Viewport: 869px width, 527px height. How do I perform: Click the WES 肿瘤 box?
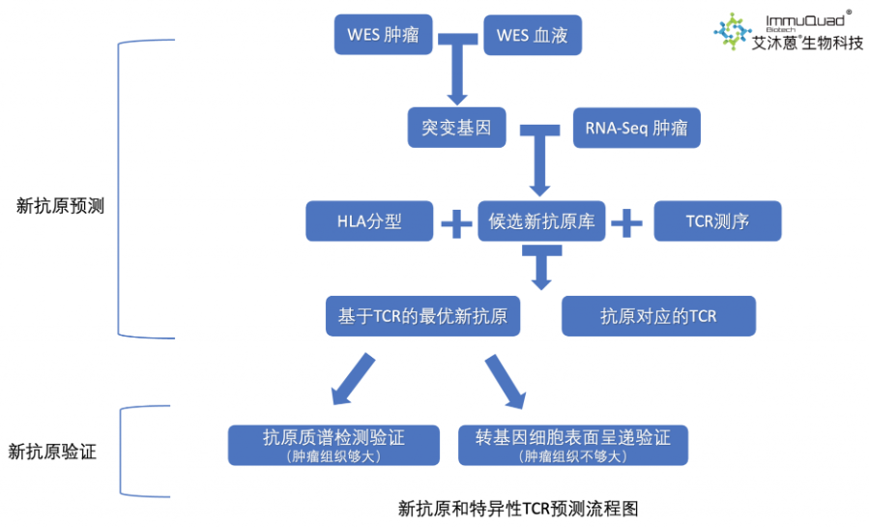click(x=383, y=36)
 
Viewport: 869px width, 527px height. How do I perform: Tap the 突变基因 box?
click(x=456, y=128)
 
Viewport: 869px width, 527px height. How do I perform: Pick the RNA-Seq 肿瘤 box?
click(x=636, y=128)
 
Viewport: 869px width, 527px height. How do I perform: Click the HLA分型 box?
click(x=369, y=221)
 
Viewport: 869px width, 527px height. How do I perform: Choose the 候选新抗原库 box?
click(x=541, y=221)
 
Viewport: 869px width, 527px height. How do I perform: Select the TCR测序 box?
click(x=717, y=221)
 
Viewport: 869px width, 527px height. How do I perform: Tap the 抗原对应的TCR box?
click(x=658, y=315)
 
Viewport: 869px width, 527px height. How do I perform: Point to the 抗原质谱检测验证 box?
click(x=333, y=444)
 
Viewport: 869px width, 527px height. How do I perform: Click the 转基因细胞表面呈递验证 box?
click(x=573, y=444)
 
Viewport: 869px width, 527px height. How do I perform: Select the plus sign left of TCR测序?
click(x=626, y=222)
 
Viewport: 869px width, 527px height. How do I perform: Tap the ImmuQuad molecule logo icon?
click(x=733, y=31)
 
